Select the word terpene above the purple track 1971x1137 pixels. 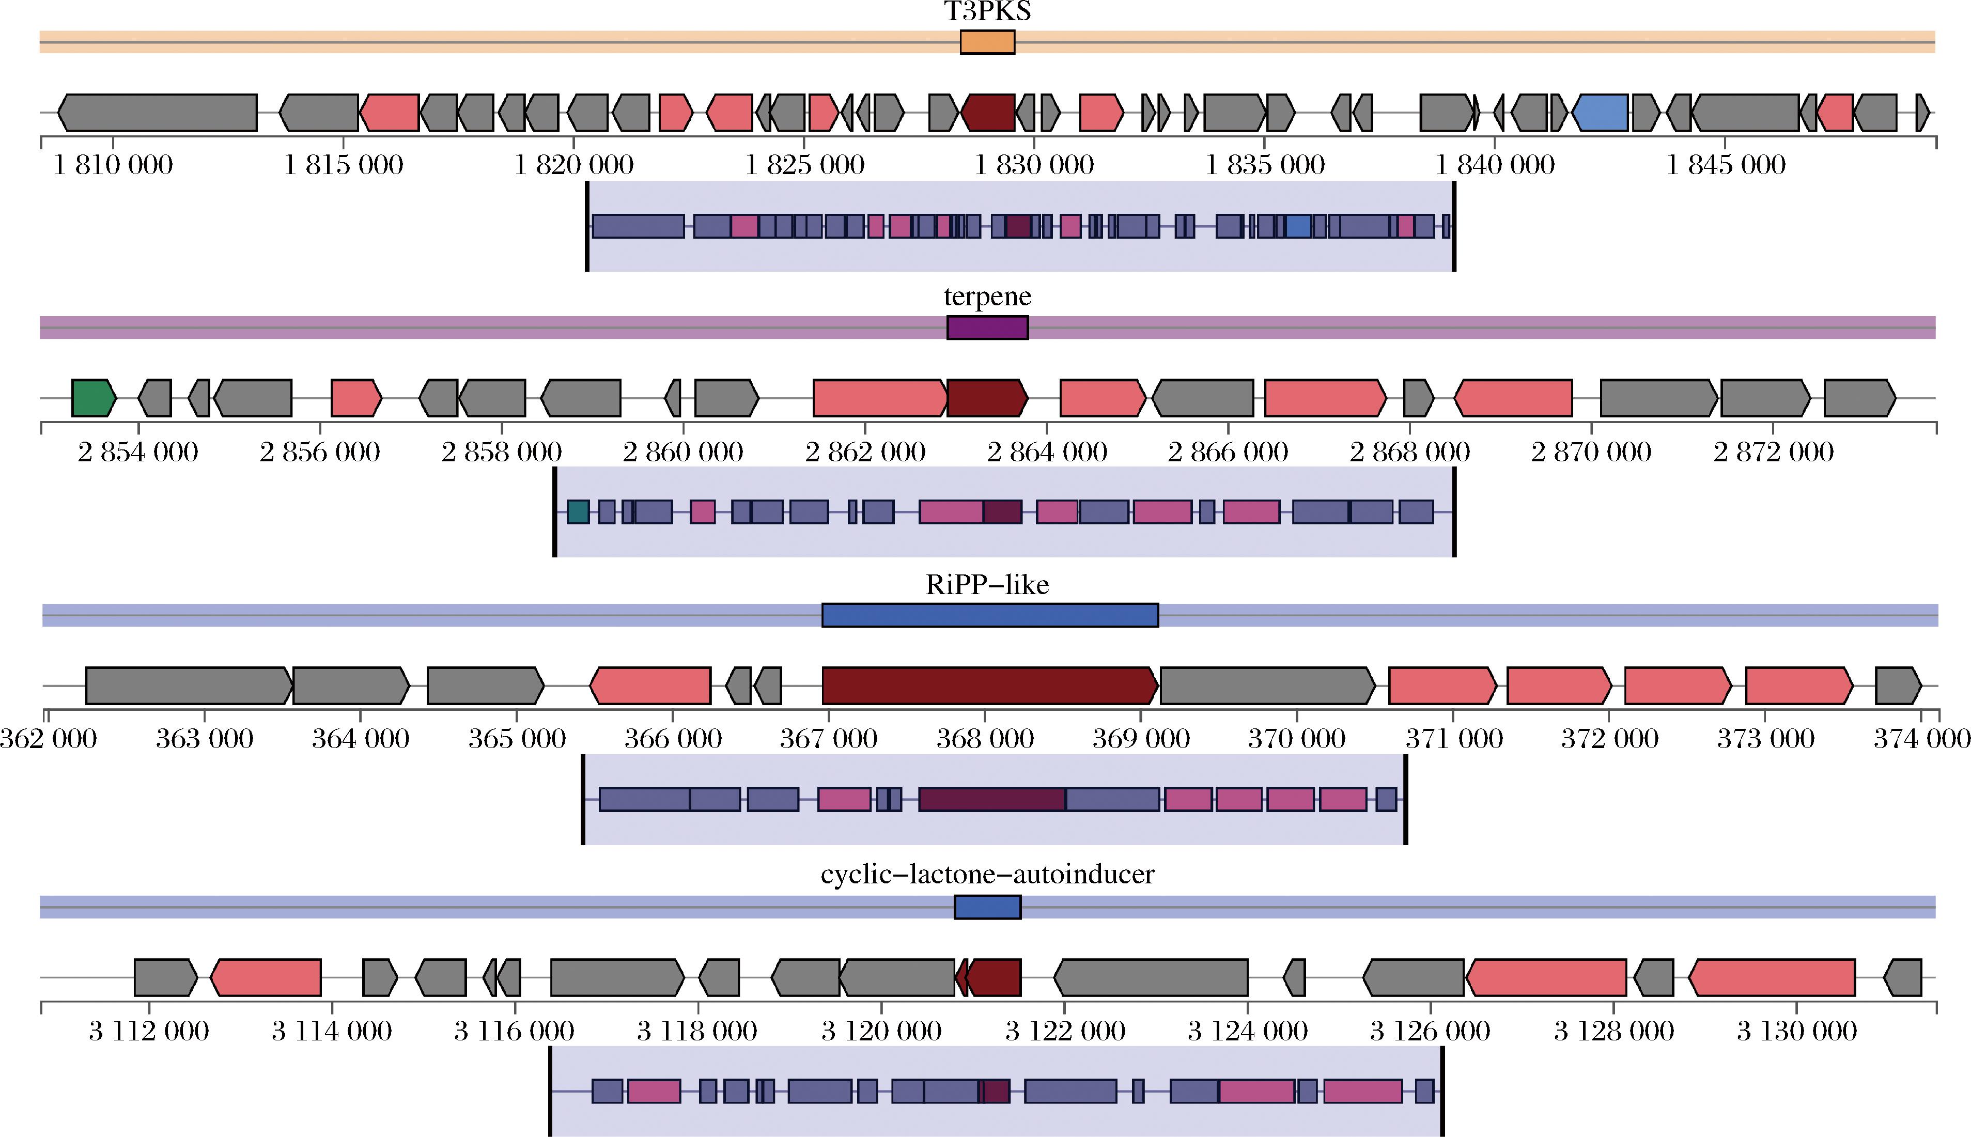tap(987, 297)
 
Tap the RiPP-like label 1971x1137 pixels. tap(987, 585)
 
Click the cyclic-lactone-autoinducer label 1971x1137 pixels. tap(987, 874)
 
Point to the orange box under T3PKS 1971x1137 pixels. tap(987, 42)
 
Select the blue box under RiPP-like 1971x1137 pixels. tap(989, 615)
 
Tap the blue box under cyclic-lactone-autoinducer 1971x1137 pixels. tap(987, 907)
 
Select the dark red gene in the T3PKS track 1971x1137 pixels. tap(988, 113)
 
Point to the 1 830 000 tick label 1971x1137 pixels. tap(1034, 165)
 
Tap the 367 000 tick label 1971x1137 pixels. tap(829, 739)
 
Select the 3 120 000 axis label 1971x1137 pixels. tap(881, 1032)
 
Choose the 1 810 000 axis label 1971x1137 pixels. tap(113, 165)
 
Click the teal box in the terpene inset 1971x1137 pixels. tap(578, 512)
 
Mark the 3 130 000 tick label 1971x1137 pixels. tap(1796, 1032)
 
